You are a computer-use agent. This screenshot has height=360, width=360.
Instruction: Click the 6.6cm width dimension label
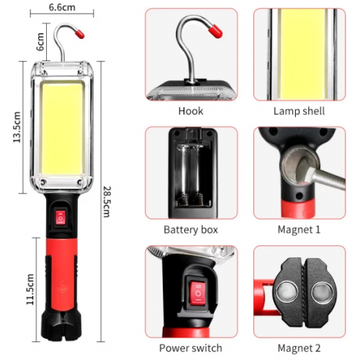pos(62,7)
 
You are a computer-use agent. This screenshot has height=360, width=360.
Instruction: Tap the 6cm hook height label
pos(40,42)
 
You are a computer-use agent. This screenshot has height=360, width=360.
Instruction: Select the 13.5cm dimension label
pos(17,127)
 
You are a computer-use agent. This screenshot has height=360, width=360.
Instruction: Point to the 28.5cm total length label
pos(107,202)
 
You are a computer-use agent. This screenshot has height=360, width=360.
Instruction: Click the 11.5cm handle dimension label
pos(30,289)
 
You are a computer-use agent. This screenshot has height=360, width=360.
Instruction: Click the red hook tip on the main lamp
pos(79,34)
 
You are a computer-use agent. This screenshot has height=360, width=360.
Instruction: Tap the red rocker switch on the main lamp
pos(60,217)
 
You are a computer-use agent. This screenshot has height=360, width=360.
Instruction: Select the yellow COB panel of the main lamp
pos(63,129)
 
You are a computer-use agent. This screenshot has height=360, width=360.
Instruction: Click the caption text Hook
pos(191,111)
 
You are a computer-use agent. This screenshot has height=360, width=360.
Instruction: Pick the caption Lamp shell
pos(299,111)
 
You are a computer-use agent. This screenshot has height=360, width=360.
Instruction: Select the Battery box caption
pos(191,230)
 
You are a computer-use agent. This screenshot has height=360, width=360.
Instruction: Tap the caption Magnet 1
pos(299,230)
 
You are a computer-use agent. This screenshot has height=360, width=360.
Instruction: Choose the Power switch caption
pos(191,348)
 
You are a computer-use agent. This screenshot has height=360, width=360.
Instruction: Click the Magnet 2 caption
pos(299,348)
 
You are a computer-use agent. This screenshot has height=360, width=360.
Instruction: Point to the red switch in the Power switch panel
pos(198,294)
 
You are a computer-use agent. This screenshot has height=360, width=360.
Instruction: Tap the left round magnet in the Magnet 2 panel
pos(287,292)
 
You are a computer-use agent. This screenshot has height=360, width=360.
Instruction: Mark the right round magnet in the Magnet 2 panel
pos(323,293)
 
